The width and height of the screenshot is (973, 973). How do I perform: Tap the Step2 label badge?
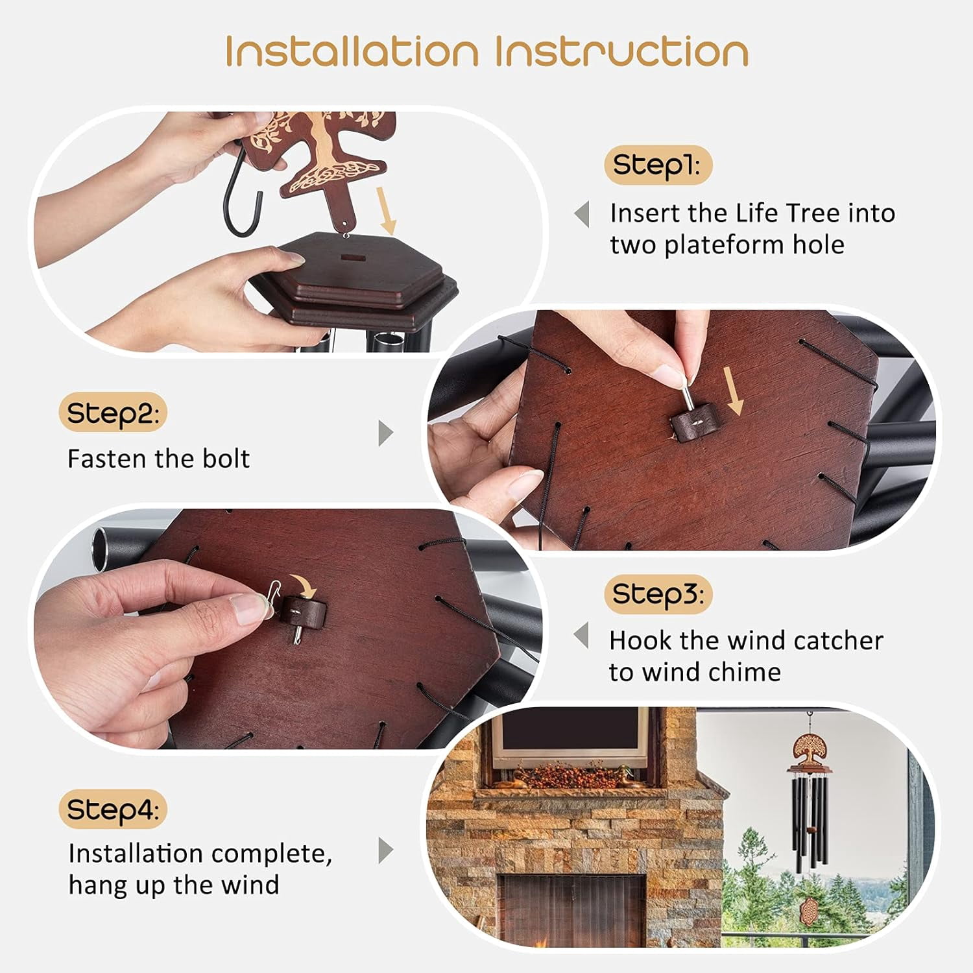click(113, 413)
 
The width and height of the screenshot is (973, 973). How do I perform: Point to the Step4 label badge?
click(113, 810)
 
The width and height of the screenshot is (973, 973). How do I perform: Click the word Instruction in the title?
click(622, 51)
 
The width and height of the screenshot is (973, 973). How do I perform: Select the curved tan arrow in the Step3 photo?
click(303, 584)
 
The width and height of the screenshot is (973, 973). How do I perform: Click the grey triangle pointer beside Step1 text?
click(582, 214)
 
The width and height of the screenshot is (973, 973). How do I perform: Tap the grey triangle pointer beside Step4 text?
click(385, 850)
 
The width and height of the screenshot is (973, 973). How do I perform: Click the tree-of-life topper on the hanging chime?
click(809, 751)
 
